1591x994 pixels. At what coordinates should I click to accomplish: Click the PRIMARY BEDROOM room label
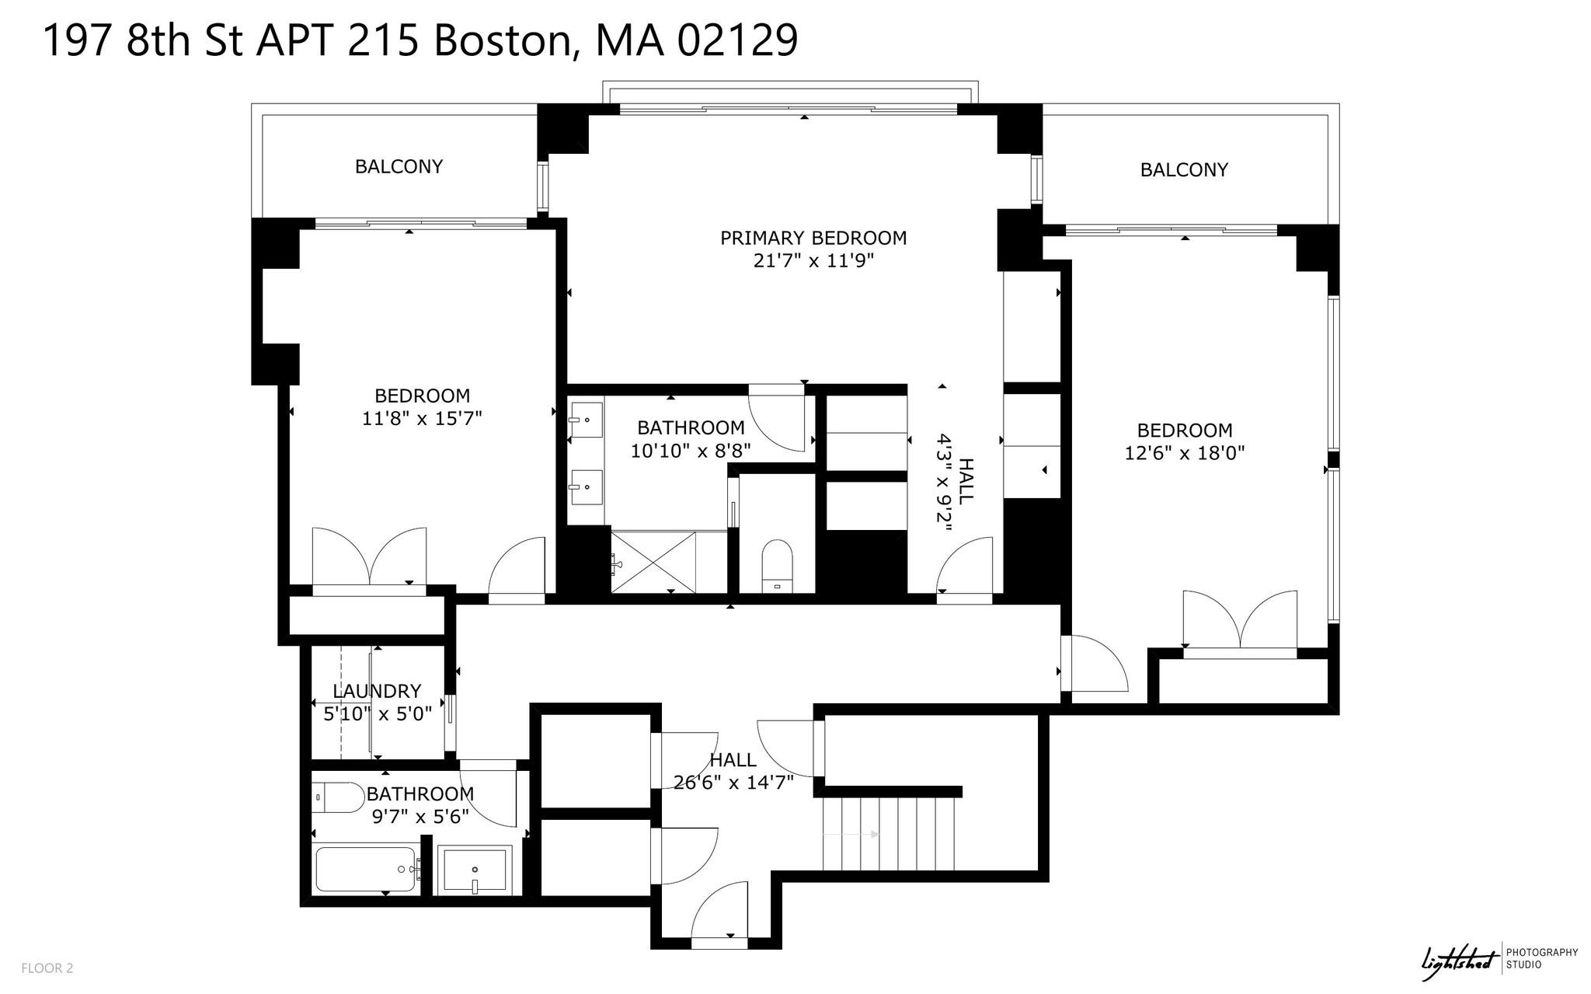click(x=813, y=238)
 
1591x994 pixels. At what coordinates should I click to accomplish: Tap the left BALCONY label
click(x=399, y=166)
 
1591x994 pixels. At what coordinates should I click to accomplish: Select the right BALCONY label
click(x=1184, y=169)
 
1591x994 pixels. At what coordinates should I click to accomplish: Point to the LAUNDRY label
click(x=377, y=691)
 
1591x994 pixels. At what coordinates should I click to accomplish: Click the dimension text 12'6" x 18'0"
click(x=1185, y=453)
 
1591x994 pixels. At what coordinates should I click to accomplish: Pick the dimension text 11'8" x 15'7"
click(x=422, y=419)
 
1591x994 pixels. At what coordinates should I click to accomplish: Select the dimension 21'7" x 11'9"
click(x=813, y=261)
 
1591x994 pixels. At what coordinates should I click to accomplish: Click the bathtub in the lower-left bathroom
click(x=366, y=870)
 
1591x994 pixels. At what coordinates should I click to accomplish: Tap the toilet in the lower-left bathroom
click(x=339, y=797)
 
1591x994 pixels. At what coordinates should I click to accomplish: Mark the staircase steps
click(x=889, y=834)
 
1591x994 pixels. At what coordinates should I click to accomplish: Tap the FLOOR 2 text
click(x=47, y=968)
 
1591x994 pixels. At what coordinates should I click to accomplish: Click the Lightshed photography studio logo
click(x=1499, y=961)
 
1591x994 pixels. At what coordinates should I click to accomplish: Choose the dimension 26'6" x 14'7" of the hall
click(x=733, y=783)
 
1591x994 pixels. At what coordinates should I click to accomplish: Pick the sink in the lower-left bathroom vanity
click(x=474, y=870)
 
